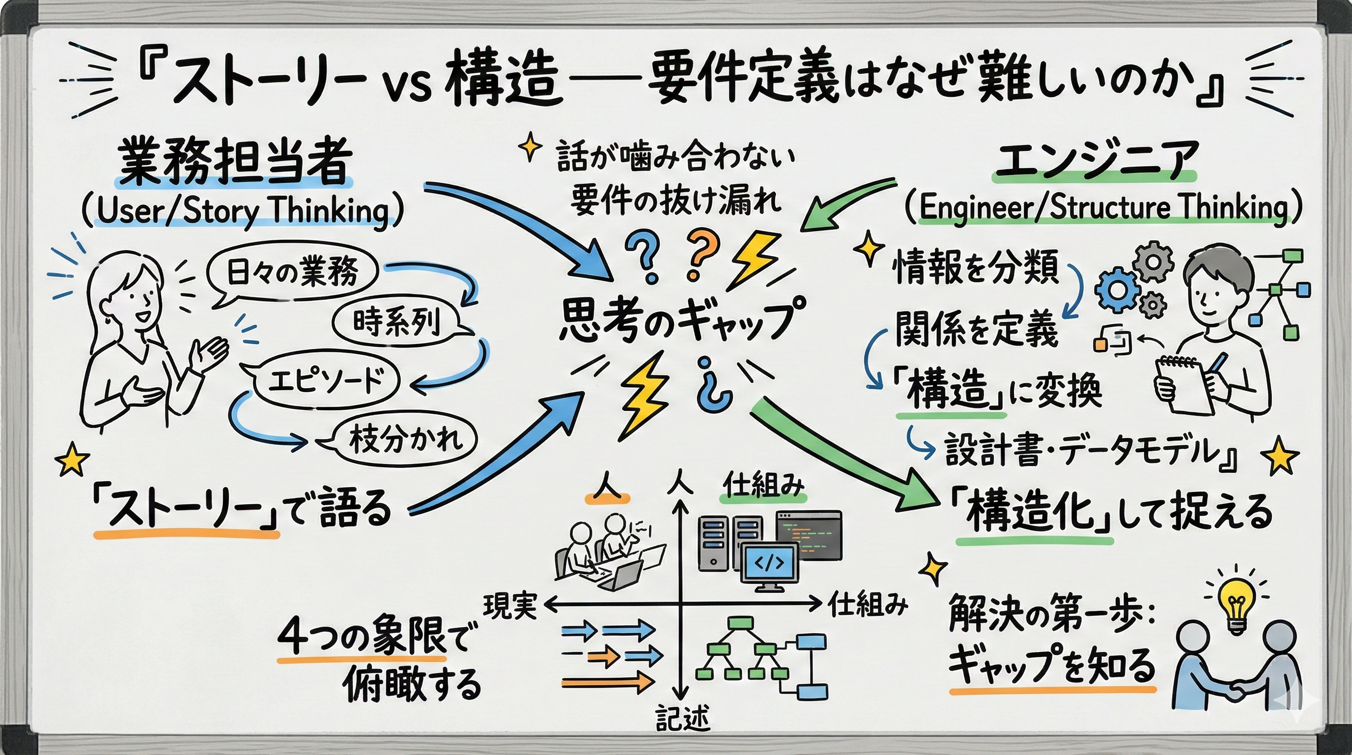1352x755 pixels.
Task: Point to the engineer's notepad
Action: coord(1183,386)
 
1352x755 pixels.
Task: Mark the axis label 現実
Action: coord(509,606)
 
